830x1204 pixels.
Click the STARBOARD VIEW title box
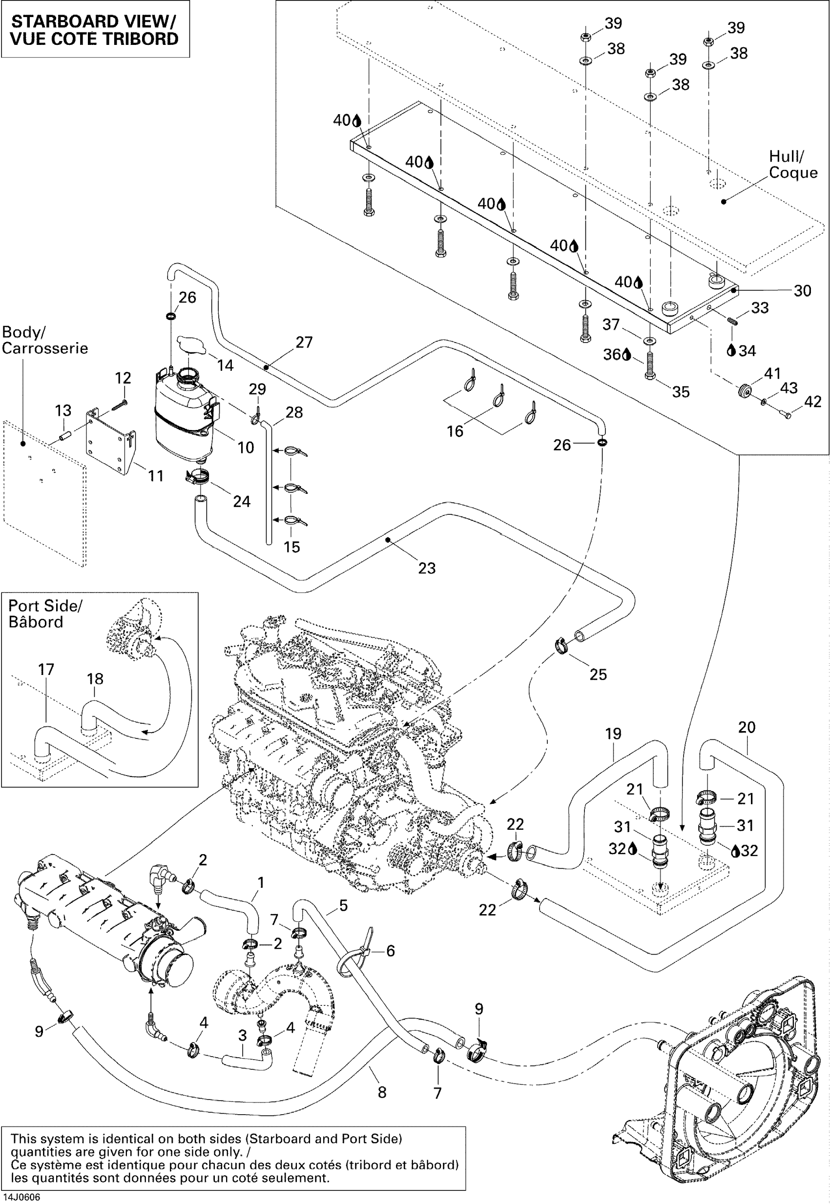pos(95,29)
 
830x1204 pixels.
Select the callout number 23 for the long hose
pos(426,568)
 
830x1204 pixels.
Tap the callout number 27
pos(304,342)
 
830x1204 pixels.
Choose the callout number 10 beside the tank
pos(246,447)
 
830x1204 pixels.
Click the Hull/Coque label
pos(792,164)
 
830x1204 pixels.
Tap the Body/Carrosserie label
pos(45,340)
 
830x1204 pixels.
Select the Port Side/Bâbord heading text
pos(45,614)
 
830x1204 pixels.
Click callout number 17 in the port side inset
pos(46,669)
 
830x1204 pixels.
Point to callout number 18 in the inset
pos(95,678)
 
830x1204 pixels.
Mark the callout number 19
pos(613,734)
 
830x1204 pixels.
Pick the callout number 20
pos(747,727)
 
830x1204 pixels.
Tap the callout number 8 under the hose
pos(382,1092)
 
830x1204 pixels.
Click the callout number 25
pos(598,674)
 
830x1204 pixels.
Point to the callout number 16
pos(455,431)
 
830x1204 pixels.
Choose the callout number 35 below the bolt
pos(681,391)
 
